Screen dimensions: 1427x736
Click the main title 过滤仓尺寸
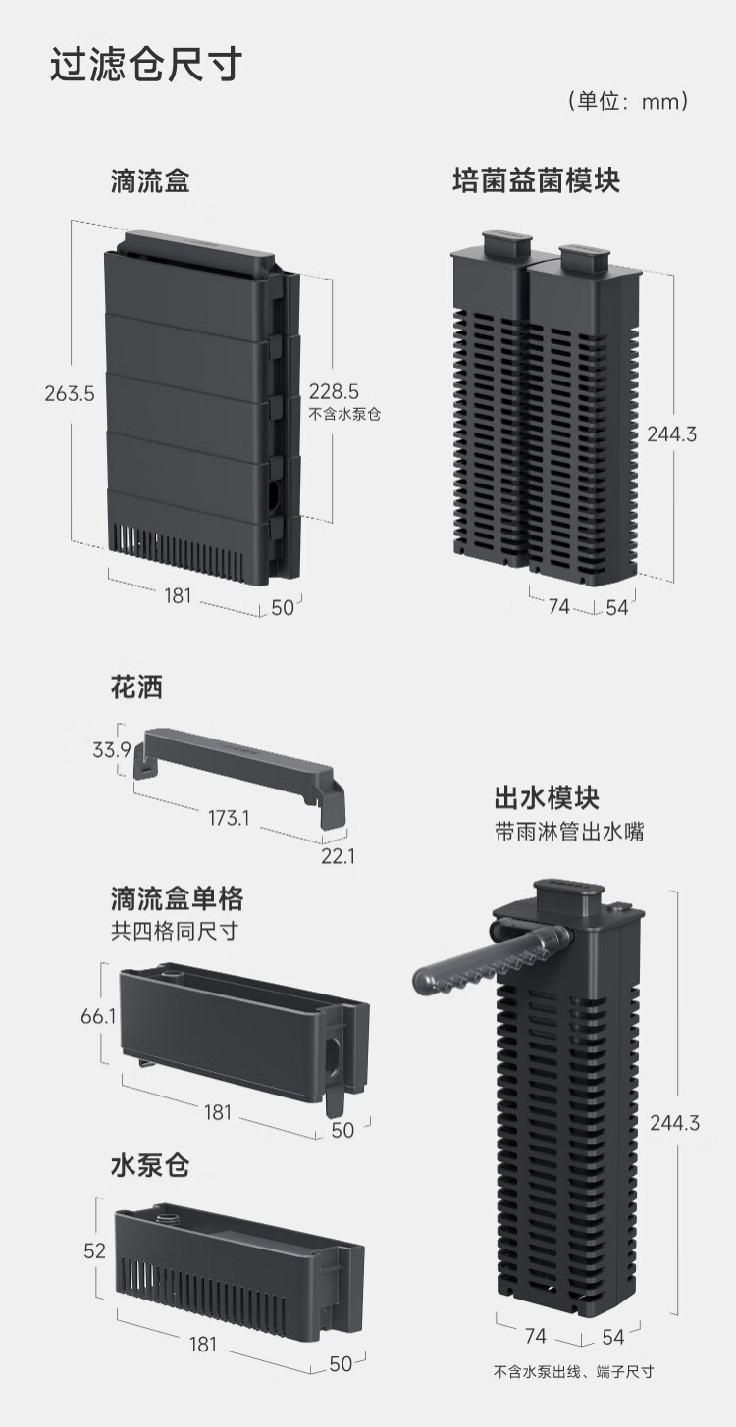pos(146,66)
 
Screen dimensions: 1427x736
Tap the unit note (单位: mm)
pos(628,101)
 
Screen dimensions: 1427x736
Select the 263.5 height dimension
pos(69,394)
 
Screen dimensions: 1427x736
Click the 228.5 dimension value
pos(335,391)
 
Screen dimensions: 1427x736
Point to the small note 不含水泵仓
pos(344,414)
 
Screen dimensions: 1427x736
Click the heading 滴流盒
pos(149,181)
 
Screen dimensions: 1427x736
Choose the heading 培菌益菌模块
pos(536,181)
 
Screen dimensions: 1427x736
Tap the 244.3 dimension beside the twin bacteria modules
pos(671,433)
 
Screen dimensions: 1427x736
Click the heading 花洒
pos(136,688)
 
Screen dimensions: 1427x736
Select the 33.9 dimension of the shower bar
pos(111,750)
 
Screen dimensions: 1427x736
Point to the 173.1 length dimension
pos(228,816)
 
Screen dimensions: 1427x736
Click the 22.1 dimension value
pos(338,856)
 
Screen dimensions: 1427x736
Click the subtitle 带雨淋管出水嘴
pos(569,833)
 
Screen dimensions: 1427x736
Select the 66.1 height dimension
pos(98,1016)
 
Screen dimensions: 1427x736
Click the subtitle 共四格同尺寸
pos(175,931)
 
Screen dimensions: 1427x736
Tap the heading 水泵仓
pos(149,1166)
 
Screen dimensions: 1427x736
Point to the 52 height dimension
pos(94,1250)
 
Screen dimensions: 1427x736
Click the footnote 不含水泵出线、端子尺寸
pos(573,1372)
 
